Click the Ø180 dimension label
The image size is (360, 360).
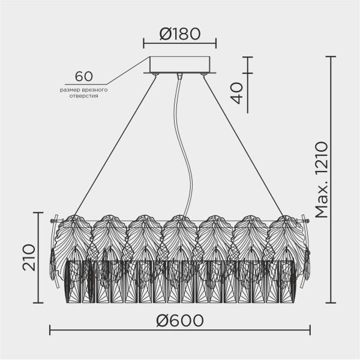[x=180, y=34]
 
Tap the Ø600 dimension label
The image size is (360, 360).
[x=180, y=320]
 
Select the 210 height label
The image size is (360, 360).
[x=29, y=257]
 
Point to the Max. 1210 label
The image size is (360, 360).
[x=322, y=180]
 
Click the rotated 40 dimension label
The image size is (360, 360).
[x=236, y=93]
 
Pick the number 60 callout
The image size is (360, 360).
[x=84, y=76]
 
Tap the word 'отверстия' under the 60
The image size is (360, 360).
[x=84, y=96]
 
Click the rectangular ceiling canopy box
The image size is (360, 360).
[x=180, y=64]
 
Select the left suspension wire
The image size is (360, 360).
[x=115, y=145]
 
